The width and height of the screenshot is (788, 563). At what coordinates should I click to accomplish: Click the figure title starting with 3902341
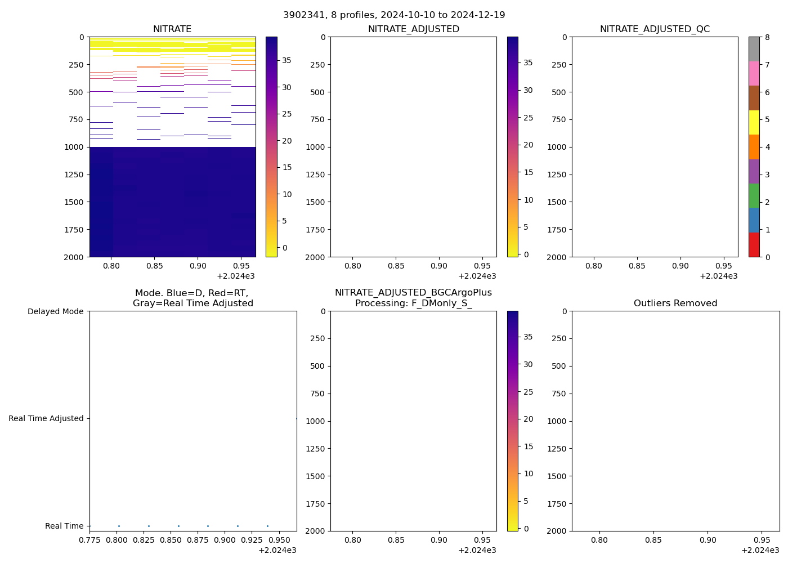pyautogui.click(x=394, y=15)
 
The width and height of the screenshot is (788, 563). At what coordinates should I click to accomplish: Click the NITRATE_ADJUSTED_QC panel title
pyautogui.click(x=655, y=29)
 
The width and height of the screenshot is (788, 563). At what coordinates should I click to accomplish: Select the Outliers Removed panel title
pyautogui.click(x=675, y=303)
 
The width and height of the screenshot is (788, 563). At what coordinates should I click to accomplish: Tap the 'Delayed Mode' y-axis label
pyautogui.click(x=55, y=311)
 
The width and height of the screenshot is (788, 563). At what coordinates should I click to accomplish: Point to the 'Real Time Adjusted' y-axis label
pyautogui.click(x=46, y=418)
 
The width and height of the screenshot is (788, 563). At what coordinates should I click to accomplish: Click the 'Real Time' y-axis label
pyautogui.click(x=64, y=526)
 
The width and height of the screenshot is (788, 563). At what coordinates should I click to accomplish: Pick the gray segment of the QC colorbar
pyautogui.click(x=754, y=49)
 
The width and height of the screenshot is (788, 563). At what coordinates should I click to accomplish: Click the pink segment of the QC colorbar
pyautogui.click(x=754, y=73)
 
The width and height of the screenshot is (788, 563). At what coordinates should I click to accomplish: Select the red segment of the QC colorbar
pyautogui.click(x=754, y=245)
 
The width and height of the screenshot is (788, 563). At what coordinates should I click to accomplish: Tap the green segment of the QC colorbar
pyautogui.click(x=754, y=196)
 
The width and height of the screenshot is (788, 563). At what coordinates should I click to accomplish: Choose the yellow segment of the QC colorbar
pyautogui.click(x=754, y=122)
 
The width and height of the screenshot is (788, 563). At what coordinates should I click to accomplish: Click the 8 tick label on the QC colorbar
pyautogui.click(x=767, y=37)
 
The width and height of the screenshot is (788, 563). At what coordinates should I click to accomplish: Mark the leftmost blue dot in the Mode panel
pyautogui.click(x=119, y=526)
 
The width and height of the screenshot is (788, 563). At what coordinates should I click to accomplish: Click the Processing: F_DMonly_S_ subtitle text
pyautogui.click(x=413, y=303)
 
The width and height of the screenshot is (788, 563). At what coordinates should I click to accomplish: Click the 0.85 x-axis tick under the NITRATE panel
pyautogui.click(x=155, y=265)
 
